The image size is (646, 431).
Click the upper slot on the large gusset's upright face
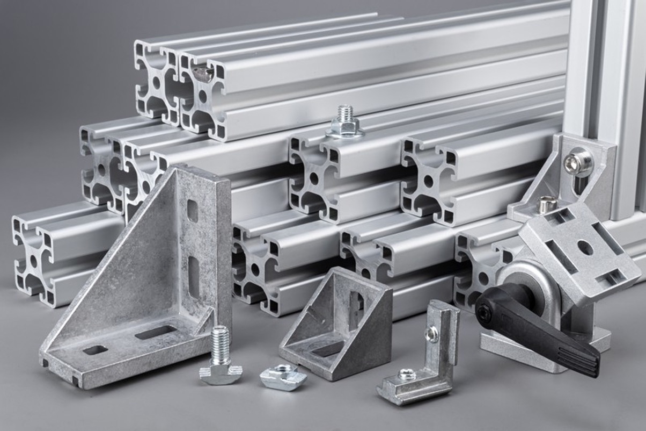click(192, 211)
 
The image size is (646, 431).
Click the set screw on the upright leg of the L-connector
click(431, 334)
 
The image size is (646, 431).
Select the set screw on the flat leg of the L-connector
click(406, 375)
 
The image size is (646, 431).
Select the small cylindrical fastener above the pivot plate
click(547, 204)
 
